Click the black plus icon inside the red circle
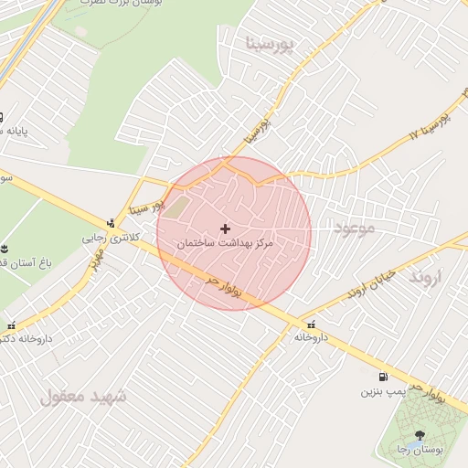pos(226,228)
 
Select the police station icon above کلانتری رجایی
pos(112,223)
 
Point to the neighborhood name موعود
pos(355,227)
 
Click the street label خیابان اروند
pos(371,284)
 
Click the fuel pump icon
pos(382,377)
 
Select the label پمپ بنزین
pos(381,392)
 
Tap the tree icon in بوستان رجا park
pos(420,434)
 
